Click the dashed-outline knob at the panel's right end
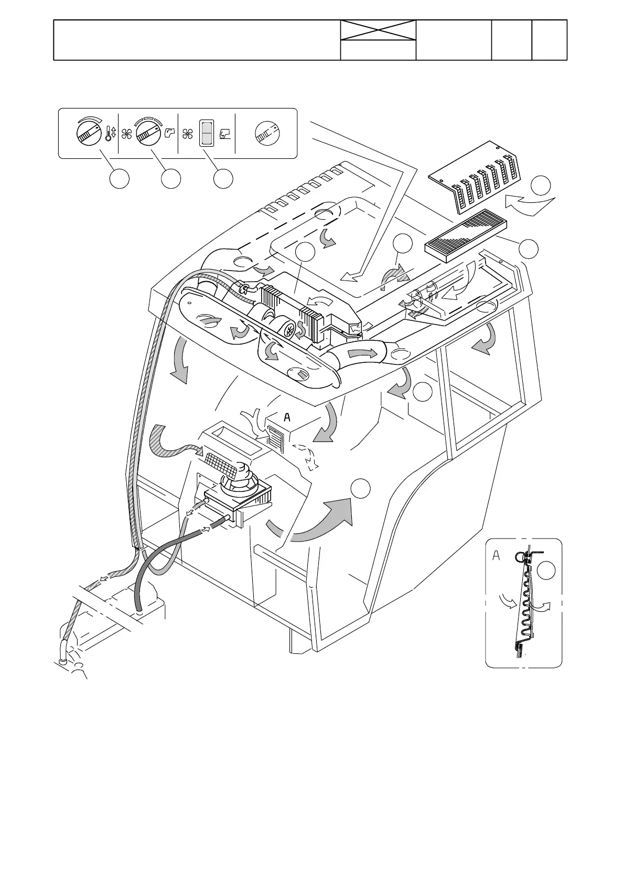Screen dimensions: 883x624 click(267, 133)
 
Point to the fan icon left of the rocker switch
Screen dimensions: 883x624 click(187, 134)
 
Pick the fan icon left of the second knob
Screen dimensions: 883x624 click(126, 134)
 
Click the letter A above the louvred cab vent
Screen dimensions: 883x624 click(286, 417)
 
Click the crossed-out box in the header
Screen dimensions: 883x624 click(378, 30)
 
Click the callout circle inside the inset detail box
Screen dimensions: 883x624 click(547, 570)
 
